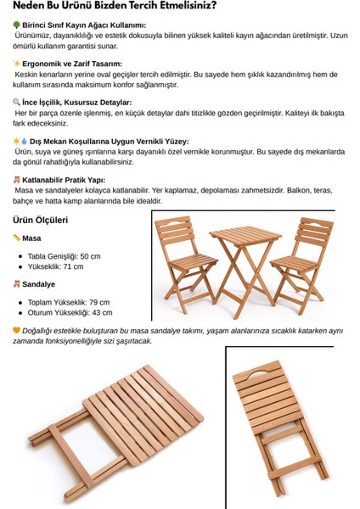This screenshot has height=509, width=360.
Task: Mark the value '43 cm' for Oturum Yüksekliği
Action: (x=100, y=312)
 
